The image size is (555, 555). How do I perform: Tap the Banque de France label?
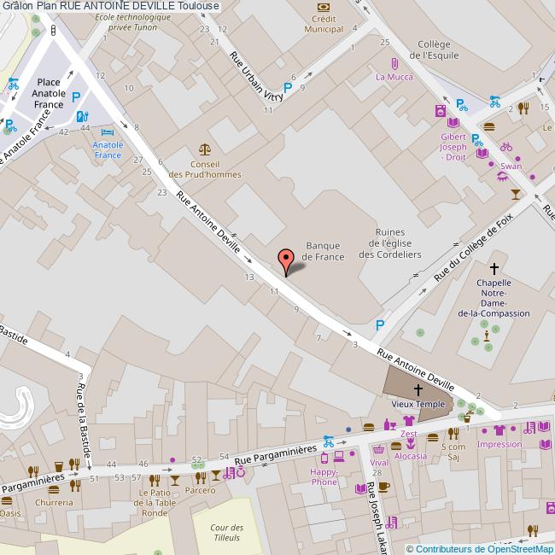click(x=324, y=251)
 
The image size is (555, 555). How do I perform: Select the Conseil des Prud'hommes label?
click(x=205, y=169)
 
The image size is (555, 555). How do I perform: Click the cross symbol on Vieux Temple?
click(x=418, y=388)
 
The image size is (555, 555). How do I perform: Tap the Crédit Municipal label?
click(x=323, y=24)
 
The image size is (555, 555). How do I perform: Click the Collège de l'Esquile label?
click(x=434, y=50)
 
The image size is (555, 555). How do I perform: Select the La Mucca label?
click(x=394, y=77)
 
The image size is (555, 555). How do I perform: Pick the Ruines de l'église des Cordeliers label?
click(x=389, y=242)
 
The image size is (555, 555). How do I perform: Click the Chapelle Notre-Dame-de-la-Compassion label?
click(x=494, y=298)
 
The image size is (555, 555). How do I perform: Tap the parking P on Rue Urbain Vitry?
click(x=288, y=87)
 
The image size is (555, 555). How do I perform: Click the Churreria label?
click(x=54, y=502)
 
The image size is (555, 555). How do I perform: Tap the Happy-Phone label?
click(x=324, y=476)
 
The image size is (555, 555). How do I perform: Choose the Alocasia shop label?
click(x=411, y=456)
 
